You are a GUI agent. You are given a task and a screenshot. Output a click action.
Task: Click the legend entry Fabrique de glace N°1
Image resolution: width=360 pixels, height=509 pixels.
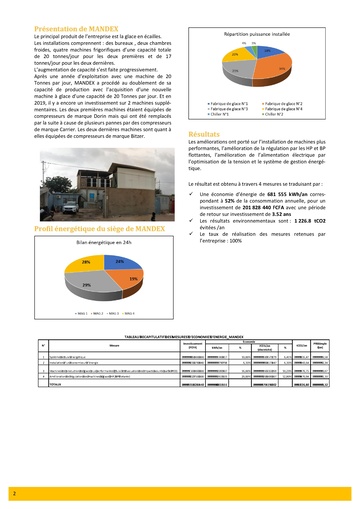click(x=229, y=104)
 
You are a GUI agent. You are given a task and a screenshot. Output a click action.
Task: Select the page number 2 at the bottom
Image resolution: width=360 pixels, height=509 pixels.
click(x=14, y=493)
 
